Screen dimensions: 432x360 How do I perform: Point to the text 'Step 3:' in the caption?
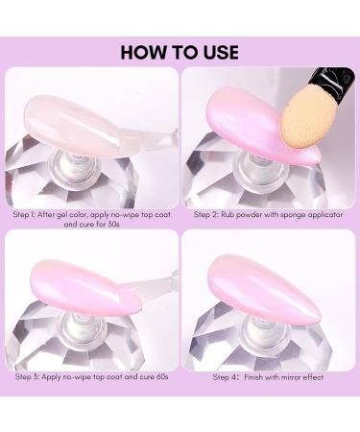[29, 377]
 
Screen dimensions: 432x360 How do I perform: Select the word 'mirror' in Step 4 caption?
[289, 377]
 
